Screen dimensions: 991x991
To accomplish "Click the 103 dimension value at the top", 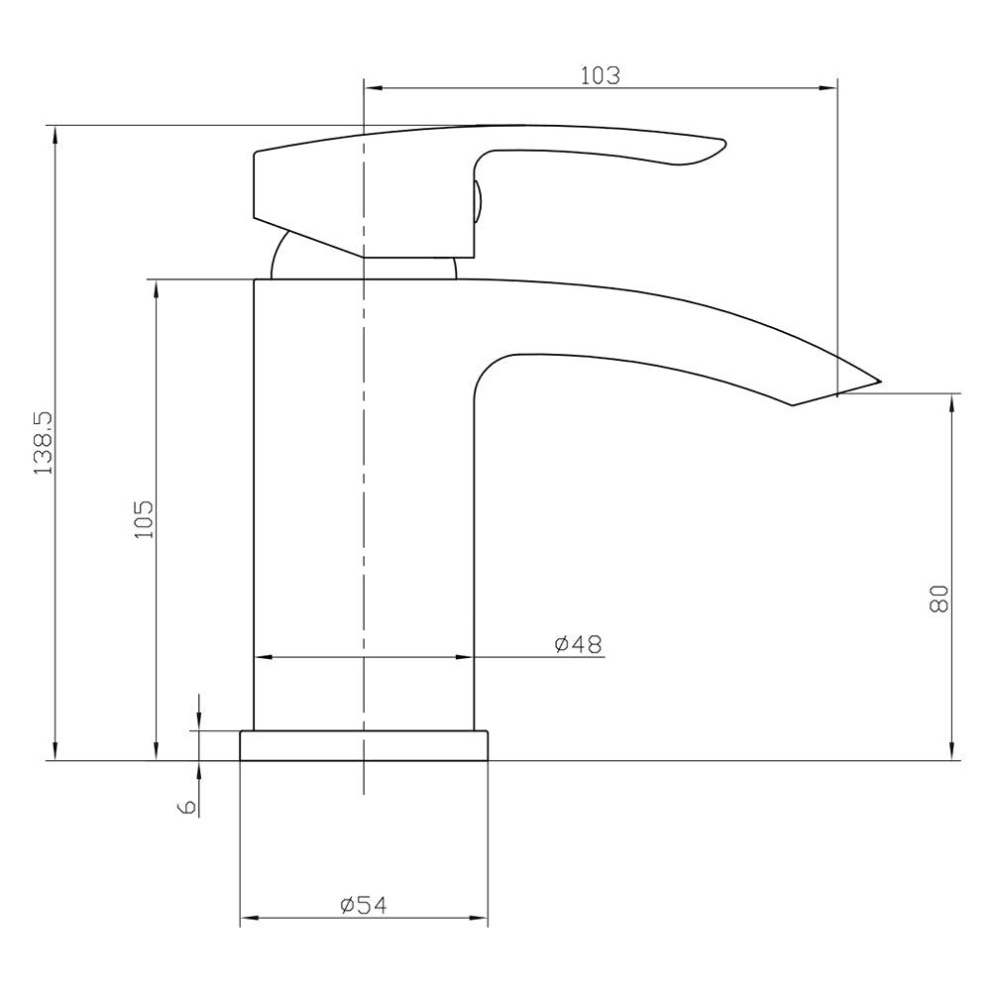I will tap(601, 75).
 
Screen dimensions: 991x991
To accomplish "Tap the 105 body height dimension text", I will tap(144, 518).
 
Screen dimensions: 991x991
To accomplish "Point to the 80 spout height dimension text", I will tap(939, 599).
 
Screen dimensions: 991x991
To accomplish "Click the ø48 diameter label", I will tap(578, 644).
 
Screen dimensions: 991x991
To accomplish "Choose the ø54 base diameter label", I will tap(363, 905).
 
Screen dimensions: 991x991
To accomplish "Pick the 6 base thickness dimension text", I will tap(185, 808).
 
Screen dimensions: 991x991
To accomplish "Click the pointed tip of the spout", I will tap(878, 381).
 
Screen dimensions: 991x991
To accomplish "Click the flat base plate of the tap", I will tap(364, 746).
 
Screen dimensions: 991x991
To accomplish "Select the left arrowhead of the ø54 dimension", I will tap(248, 919).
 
